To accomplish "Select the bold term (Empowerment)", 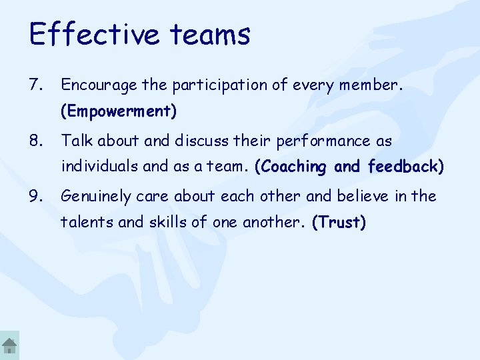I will click(119, 111).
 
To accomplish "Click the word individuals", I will click(95, 167).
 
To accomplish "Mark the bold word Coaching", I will click(291, 167).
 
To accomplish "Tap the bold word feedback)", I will click(405, 167).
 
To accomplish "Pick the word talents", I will click(83, 223).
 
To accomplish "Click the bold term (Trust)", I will click(339, 223).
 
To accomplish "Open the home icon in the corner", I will click(9, 345).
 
